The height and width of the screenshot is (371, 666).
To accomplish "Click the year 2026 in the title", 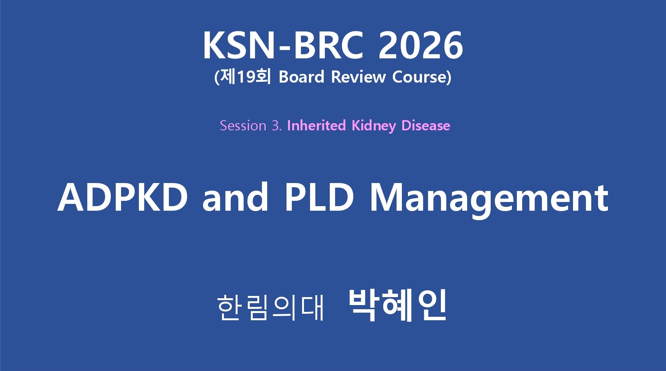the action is [420, 45].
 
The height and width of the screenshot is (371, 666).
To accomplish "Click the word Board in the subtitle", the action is [301, 77].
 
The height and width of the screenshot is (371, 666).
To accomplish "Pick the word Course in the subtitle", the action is [419, 77].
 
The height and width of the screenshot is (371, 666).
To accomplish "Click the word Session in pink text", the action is [243, 125].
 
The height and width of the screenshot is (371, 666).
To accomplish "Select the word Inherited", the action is [316, 125].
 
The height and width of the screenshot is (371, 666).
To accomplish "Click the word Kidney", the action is [374, 126].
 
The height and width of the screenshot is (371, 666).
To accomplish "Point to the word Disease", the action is [426, 125].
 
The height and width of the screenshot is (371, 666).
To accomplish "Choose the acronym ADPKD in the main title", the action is [123, 197].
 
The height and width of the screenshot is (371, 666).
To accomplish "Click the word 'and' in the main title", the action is [235, 197].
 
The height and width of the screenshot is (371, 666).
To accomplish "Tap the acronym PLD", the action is [320, 197].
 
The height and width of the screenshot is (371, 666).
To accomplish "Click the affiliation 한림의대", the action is [271, 307].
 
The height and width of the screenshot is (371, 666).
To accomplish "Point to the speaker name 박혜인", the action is [397, 305].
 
